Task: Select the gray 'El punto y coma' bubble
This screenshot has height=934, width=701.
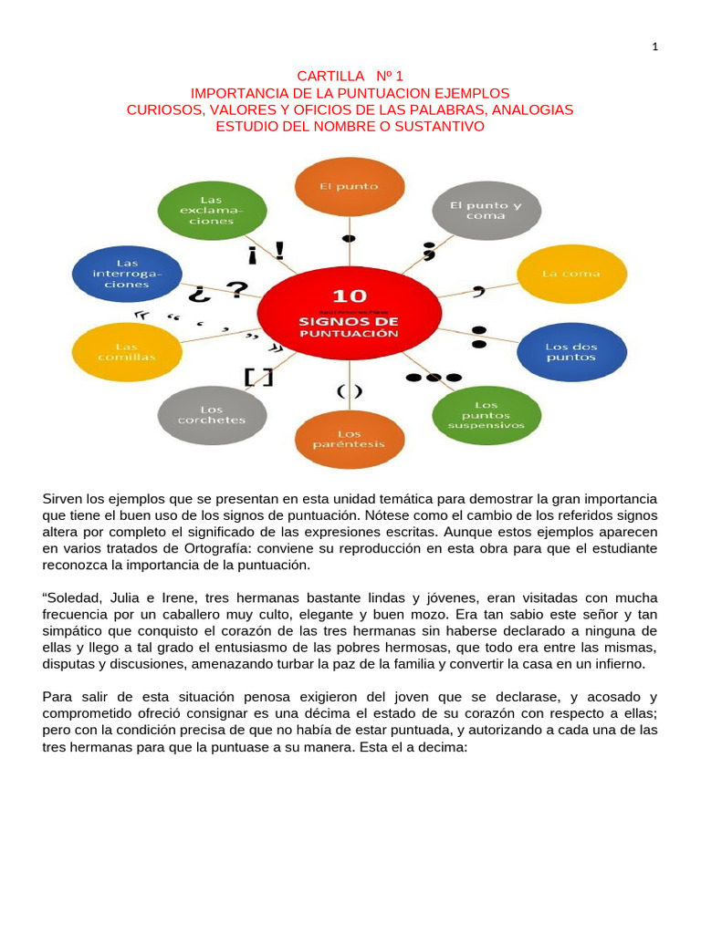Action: tap(486, 211)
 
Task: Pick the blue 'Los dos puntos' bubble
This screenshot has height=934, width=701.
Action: tap(570, 352)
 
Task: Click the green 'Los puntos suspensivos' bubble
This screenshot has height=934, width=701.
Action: tap(486, 414)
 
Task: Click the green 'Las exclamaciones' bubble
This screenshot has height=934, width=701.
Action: tap(212, 211)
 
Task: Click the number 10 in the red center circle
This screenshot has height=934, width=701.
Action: tap(348, 296)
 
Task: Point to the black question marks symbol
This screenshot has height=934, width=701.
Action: tap(219, 292)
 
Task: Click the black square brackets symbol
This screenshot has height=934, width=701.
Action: tap(257, 376)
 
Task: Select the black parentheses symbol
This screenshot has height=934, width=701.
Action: tap(349, 391)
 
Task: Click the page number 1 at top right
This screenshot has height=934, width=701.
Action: tap(654, 48)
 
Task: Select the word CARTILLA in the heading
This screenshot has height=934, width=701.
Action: tap(329, 77)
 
